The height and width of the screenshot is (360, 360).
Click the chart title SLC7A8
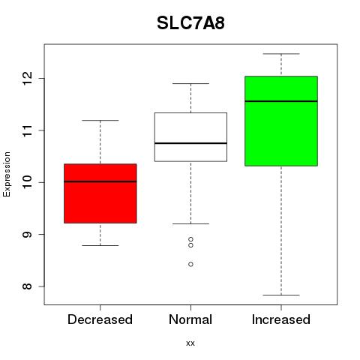(190, 23)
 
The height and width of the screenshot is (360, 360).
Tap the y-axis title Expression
(7, 174)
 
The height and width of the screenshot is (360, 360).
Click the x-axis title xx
(190, 343)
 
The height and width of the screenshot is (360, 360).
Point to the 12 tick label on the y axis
(27, 78)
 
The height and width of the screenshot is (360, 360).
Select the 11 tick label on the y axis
(27, 130)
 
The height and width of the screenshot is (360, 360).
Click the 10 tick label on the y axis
(27, 182)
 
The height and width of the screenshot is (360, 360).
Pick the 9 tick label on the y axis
(27, 234)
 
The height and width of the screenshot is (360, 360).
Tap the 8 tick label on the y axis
(27, 286)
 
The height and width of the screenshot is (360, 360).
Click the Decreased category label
(100, 319)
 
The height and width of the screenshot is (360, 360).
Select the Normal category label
(190, 319)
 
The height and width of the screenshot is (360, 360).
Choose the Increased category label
(281, 319)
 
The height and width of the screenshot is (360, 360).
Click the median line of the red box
(100, 181)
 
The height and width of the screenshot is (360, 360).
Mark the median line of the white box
(190, 143)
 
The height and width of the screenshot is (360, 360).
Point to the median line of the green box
(281, 101)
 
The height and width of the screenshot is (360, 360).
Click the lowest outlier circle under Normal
(190, 264)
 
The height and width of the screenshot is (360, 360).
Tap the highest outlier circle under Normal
(190, 239)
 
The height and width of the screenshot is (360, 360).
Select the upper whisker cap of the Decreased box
(100, 121)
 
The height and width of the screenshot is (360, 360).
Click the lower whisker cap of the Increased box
(281, 295)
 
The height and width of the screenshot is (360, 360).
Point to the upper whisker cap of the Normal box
(190, 83)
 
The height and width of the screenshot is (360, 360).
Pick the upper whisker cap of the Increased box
(281, 54)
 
